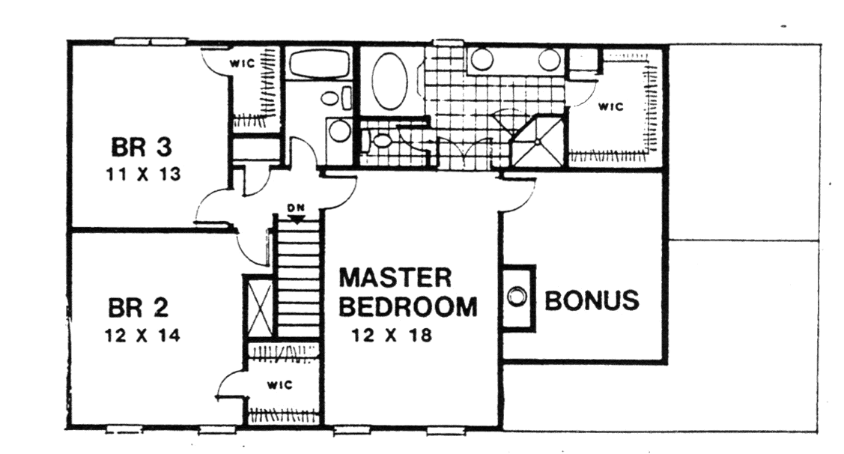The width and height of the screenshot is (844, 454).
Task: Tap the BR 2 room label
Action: click(x=139, y=307)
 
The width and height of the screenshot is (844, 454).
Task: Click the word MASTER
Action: click(x=395, y=278)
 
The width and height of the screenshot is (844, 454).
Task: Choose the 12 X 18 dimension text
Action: click(x=392, y=336)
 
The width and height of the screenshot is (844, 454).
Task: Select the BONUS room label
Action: click(x=592, y=300)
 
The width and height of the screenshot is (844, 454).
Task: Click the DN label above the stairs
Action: click(x=297, y=208)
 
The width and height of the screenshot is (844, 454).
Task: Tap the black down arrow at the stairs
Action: click(x=298, y=219)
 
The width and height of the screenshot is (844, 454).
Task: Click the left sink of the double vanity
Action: click(x=482, y=60)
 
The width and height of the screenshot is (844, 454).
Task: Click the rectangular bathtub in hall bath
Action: click(x=320, y=64)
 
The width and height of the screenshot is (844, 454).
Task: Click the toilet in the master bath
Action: click(x=380, y=140)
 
